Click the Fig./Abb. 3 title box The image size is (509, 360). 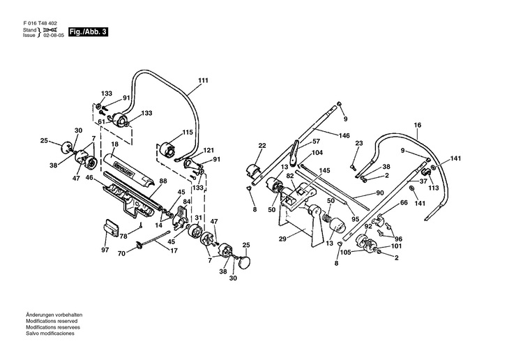(88, 32)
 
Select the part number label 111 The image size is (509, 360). (203, 81)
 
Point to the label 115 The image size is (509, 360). (188, 132)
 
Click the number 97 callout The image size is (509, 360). (105, 250)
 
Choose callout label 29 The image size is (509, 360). (282, 239)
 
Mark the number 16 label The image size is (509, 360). (418, 126)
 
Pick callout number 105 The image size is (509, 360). (345, 252)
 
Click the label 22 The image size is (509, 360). (262, 146)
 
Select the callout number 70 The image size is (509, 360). (121, 253)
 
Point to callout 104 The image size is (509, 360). (317, 152)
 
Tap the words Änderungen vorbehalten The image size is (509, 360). (52, 315)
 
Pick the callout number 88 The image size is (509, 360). (162, 181)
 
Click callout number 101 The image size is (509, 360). (396, 246)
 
